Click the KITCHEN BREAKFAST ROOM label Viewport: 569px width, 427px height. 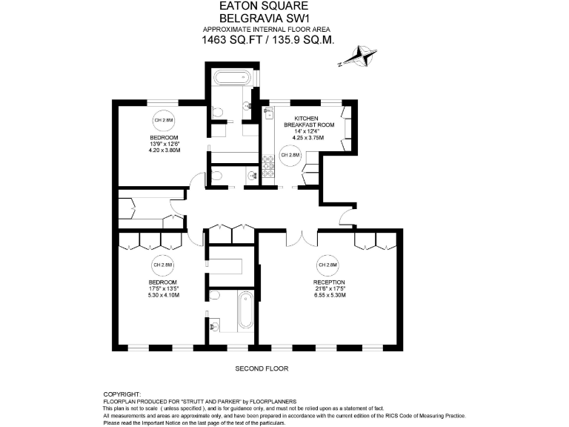click(x=314, y=122)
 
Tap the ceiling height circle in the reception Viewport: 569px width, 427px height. click(x=327, y=265)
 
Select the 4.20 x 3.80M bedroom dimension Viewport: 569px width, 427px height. click(x=164, y=151)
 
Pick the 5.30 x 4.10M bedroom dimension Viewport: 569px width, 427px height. click(x=164, y=295)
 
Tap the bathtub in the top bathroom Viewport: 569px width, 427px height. click(x=232, y=78)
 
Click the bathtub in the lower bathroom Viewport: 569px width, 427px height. click(x=244, y=310)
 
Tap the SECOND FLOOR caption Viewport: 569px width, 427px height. click(x=262, y=368)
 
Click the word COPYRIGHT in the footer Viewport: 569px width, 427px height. click(x=122, y=394)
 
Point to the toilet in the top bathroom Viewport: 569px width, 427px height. click(x=218, y=111)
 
